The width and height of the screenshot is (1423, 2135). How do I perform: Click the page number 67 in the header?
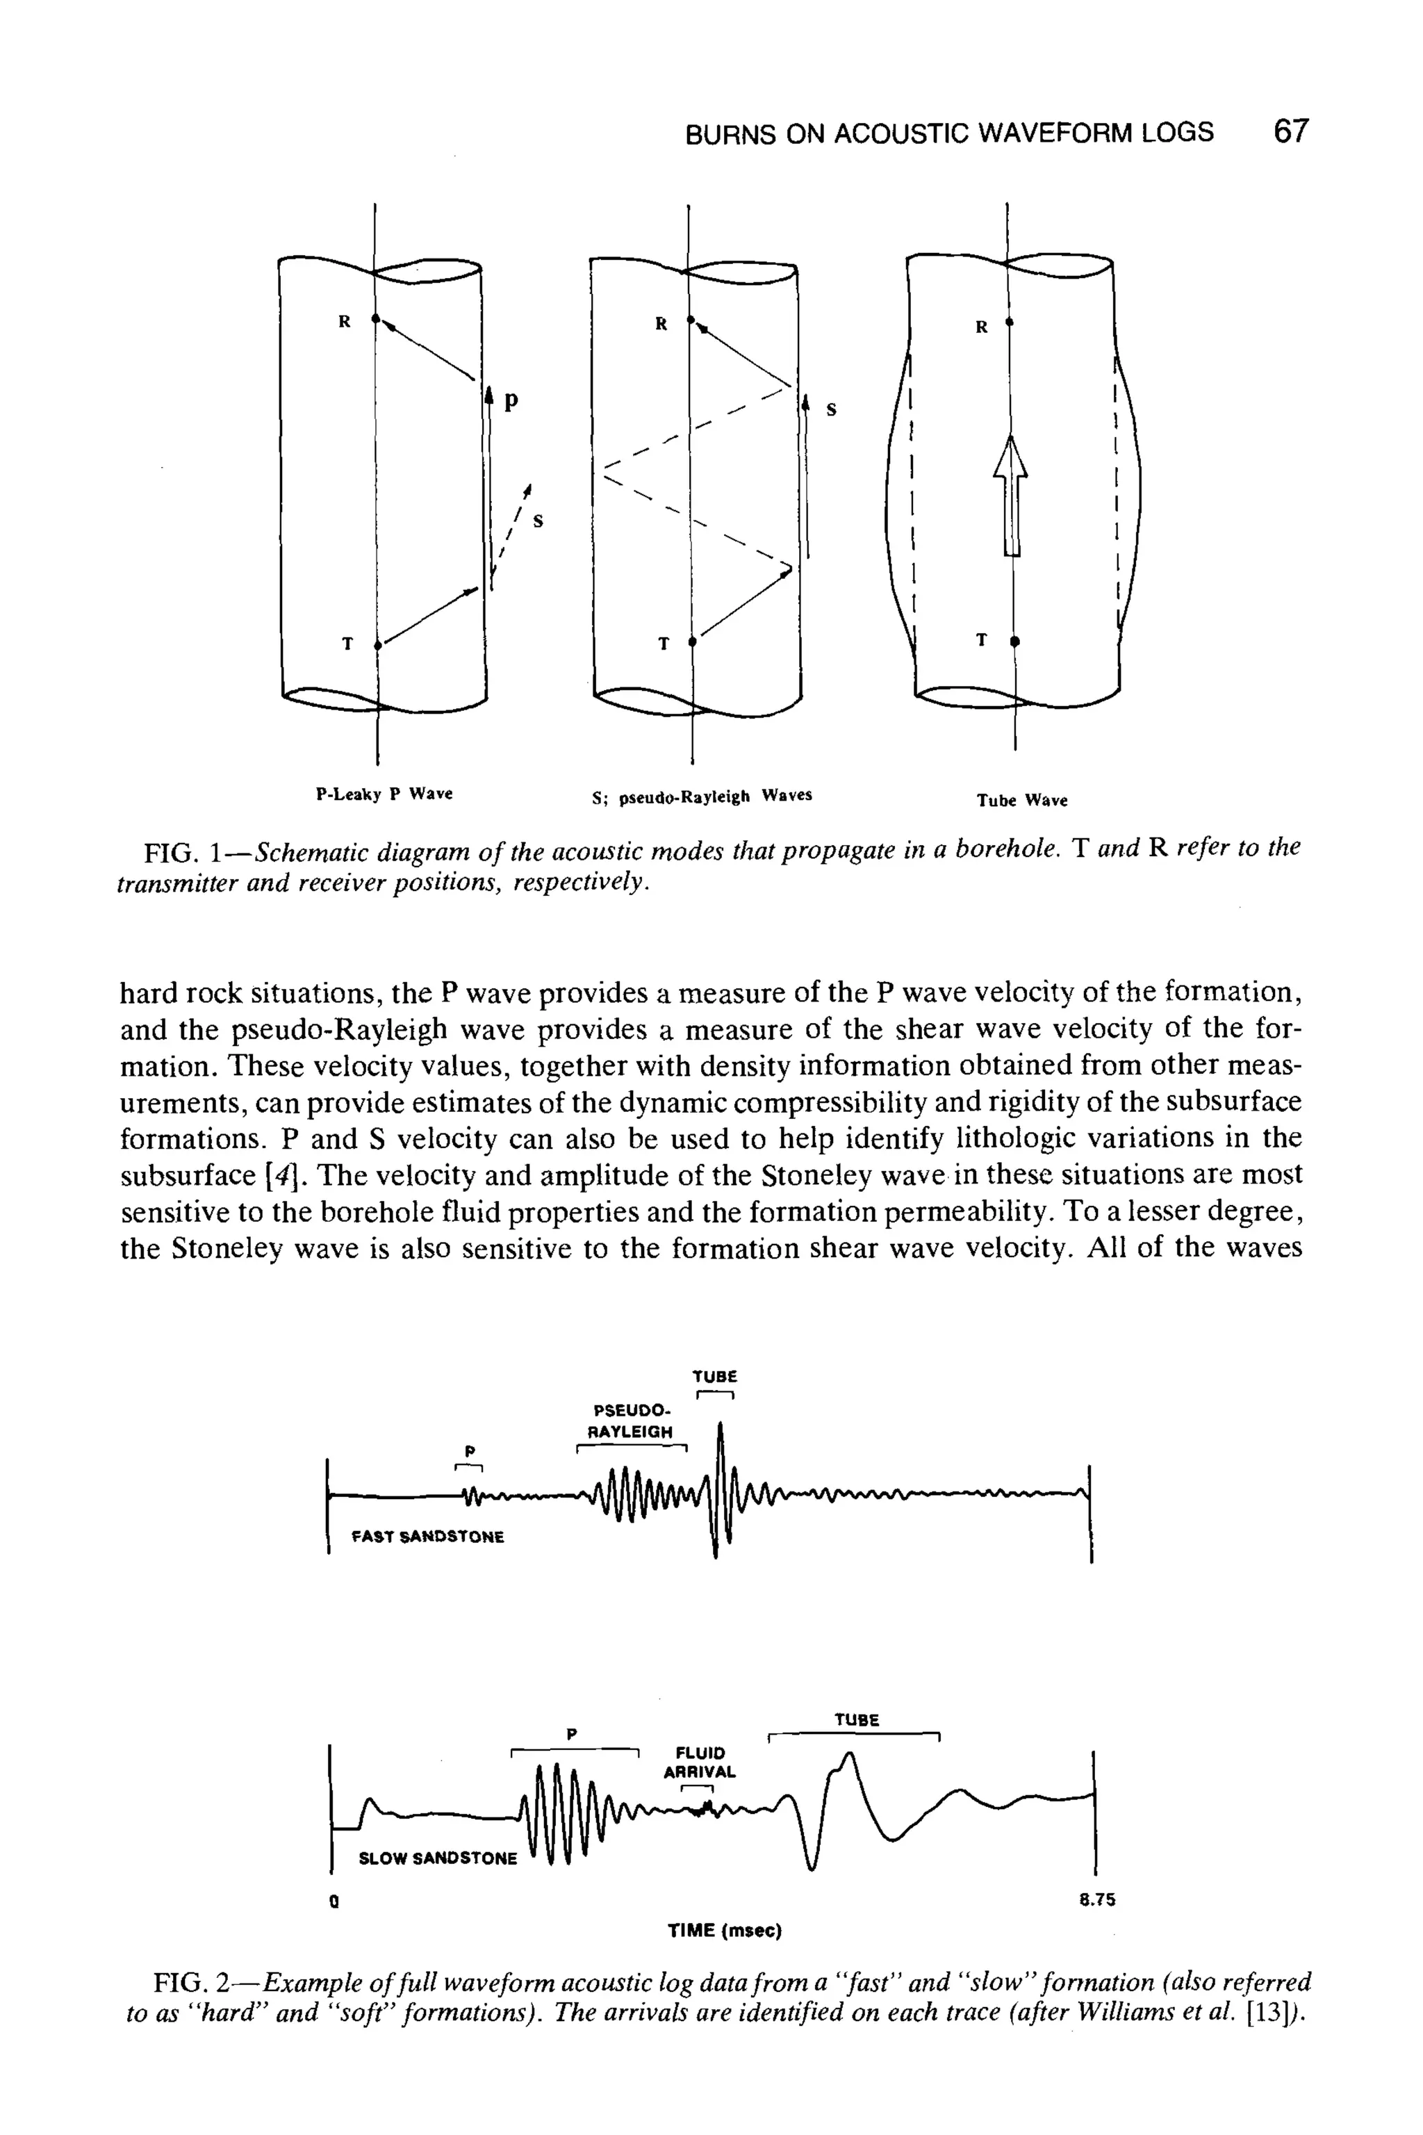(x=1290, y=133)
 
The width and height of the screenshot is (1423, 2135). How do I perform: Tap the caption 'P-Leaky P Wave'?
(x=384, y=794)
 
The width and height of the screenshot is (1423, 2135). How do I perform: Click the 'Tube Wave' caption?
(x=1022, y=801)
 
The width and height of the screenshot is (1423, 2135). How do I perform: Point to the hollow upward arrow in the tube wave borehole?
(x=1011, y=495)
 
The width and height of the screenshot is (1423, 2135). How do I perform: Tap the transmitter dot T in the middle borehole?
(x=691, y=643)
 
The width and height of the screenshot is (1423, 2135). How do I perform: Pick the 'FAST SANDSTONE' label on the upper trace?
(x=427, y=1537)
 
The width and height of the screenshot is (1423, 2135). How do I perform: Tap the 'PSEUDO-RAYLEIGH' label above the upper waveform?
(x=632, y=1421)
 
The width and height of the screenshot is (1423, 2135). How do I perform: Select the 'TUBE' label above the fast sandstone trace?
(x=715, y=1375)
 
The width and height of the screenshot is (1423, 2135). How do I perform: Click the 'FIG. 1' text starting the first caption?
(x=183, y=853)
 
